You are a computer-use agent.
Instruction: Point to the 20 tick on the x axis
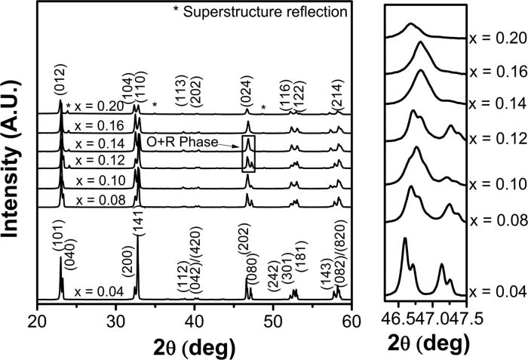pyautogui.click(x=37, y=319)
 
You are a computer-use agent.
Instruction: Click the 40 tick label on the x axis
pyautogui.click(x=193, y=319)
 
